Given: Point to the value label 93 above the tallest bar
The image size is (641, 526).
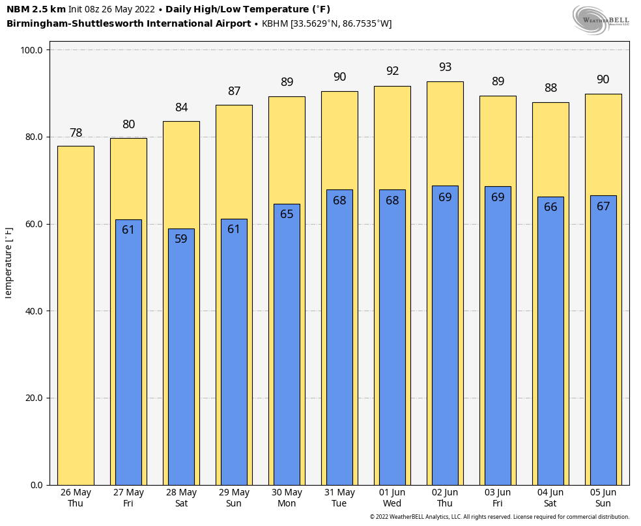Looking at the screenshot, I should pyautogui.click(x=445, y=67).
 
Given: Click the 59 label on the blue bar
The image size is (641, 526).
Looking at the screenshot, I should pyautogui.click(x=181, y=239).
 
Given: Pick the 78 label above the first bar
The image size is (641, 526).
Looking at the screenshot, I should pyautogui.click(x=76, y=133).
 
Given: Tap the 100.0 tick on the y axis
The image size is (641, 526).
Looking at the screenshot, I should pyautogui.click(x=32, y=50).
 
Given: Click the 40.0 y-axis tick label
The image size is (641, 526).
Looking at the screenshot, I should pyautogui.click(x=32, y=311).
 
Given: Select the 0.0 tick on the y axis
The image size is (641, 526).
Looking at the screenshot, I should pyautogui.click(x=36, y=485).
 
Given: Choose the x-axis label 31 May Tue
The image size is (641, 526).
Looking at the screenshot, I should pyautogui.click(x=339, y=498).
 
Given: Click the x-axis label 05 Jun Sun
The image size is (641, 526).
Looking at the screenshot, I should pyautogui.click(x=603, y=498).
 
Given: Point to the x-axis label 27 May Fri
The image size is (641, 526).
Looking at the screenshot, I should pyautogui.click(x=128, y=498).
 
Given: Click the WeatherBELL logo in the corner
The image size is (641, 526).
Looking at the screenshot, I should pyautogui.click(x=600, y=19).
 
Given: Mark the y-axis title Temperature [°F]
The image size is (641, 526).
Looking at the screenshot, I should pyautogui.click(x=8, y=262).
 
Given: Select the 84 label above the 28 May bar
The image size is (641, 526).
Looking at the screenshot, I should pyautogui.click(x=181, y=107).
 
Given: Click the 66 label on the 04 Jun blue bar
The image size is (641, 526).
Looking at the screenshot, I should pyautogui.click(x=550, y=207).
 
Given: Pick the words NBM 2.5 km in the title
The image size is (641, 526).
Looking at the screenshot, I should pyautogui.click(x=36, y=9).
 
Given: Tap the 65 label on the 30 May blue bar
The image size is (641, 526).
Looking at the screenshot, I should pyautogui.click(x=287, y=214).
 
